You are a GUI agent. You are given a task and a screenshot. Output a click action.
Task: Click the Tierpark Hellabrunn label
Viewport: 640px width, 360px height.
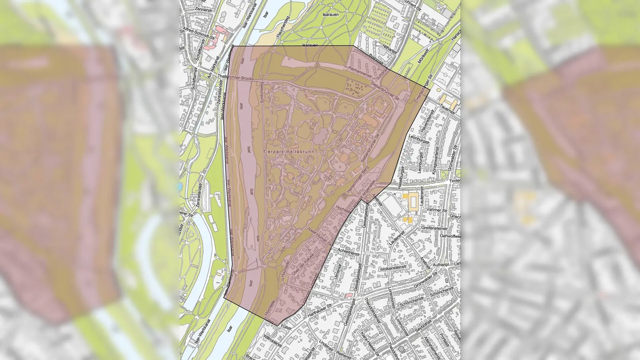pos(289,152)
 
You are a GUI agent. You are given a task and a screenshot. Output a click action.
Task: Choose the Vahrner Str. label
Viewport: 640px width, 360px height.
pos(437,210)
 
